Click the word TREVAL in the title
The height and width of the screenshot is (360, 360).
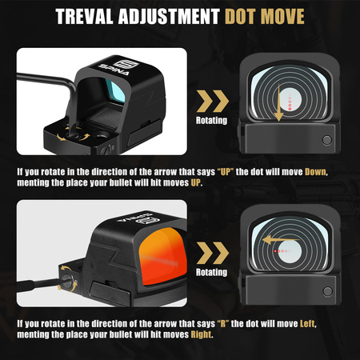(x=84, y=17)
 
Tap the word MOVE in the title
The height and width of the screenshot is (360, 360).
(x=282, y=17)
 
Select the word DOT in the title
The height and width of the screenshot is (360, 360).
(x=241, y=17)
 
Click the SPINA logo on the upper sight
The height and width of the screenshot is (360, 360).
(x=118, y=67)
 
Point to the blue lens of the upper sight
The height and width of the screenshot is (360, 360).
(x=115, y=90)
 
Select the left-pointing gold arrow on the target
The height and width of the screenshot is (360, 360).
(x=281, y=240)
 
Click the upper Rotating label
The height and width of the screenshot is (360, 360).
(x=211, y=120)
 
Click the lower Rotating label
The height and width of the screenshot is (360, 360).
(x=211, y=272)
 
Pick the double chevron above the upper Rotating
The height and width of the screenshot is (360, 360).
(x=213, y=101)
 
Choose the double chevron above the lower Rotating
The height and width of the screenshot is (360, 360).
(x=213, y=253)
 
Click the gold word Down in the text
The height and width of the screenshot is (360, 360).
(x=315, y=172)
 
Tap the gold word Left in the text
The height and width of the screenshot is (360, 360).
(x=307, y=324)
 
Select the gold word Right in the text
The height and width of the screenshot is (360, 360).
(x=201, y=334)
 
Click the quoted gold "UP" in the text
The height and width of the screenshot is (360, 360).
(x=226, y=172)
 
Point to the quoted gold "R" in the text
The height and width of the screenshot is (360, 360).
(x=223, y=324)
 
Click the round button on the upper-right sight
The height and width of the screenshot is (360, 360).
(x=327, y=140)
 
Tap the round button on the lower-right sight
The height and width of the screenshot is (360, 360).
(x=327, y=291)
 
